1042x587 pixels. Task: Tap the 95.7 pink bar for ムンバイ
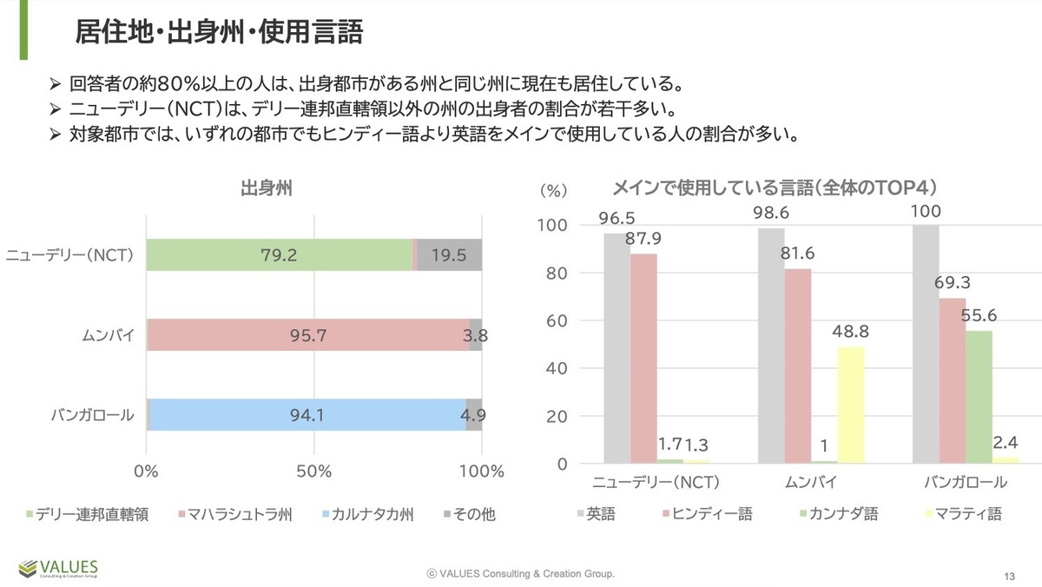[x=308, y=335]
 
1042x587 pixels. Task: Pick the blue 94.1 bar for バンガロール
[x=306, y=415]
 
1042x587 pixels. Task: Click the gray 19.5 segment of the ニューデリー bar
[x=450, y=255]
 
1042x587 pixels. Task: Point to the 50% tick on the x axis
[x=313, y=472]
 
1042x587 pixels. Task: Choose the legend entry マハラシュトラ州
[x=234, y=514]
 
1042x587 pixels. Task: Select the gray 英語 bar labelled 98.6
[x=771, y=346]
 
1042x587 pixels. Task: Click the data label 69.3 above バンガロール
[x=953, y=283]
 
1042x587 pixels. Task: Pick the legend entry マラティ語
[x=966, y=514]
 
